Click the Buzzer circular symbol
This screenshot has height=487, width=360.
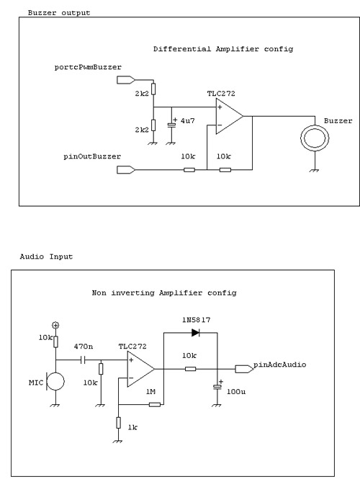(315, 125)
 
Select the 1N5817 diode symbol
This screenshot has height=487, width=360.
(195, 333)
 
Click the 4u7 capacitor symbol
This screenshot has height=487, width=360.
(171, 125)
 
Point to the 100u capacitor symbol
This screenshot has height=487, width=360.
(217, 386)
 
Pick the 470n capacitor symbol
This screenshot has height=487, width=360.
(83, 360)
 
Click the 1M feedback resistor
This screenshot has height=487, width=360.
(155, 404)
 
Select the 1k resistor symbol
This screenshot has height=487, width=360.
(118, 423)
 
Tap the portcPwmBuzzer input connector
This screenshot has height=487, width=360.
(126, 80)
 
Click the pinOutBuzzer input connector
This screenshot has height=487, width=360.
(126, 170)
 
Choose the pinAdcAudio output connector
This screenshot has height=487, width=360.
(244, 369)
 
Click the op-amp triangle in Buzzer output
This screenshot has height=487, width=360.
(230, 117)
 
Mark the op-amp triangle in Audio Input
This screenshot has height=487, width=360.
(140, 370)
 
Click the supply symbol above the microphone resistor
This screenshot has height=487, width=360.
(55, 326)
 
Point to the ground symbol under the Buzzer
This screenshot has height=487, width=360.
(315, 170)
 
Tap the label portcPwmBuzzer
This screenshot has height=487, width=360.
(88, 68)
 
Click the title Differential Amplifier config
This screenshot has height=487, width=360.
(223, 49)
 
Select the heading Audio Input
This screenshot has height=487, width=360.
(46, 256)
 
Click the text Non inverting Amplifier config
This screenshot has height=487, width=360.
(164, 293)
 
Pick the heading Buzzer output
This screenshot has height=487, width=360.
(59, 13)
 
